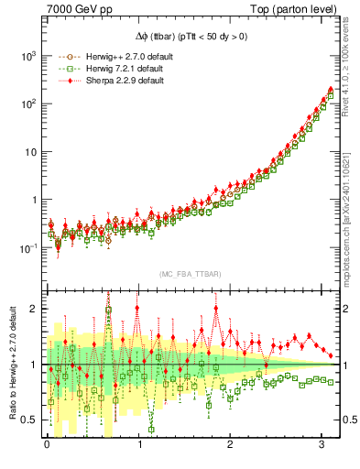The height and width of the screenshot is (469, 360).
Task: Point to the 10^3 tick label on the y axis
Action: (27, 56)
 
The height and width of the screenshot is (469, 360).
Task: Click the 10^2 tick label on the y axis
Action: (27, 104)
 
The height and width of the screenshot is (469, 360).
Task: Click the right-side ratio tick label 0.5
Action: (349, 420)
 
